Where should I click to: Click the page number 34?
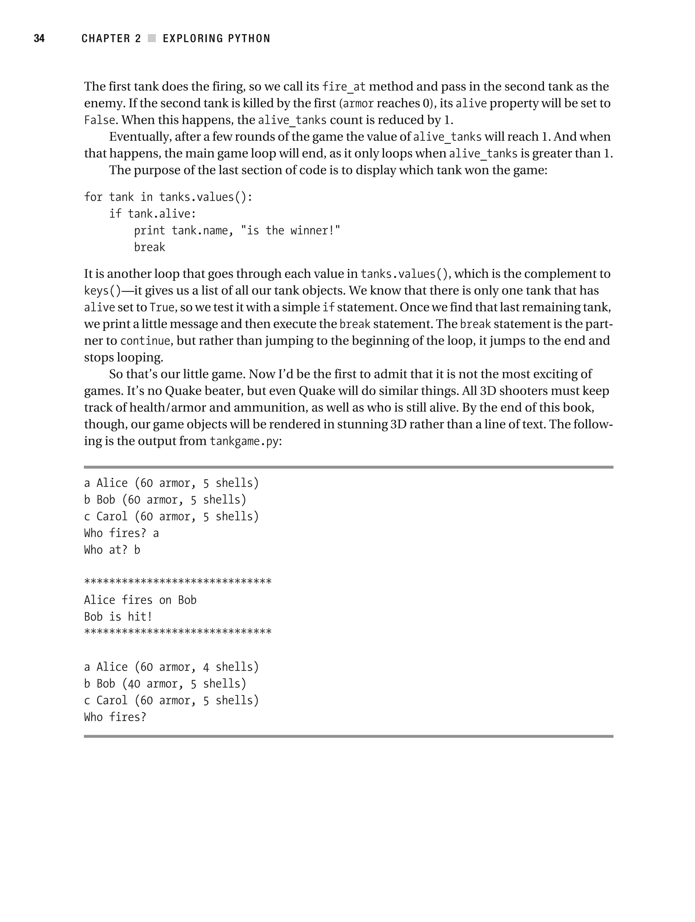point(39,38)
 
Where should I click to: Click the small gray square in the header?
point(152,38)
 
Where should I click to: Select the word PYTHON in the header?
point(249,38)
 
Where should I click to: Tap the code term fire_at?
point(344,87)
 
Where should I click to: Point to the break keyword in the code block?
point(149,247)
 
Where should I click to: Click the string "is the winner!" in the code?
point(290,230)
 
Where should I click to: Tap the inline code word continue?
point(145,341)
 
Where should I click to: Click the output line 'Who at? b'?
point(112,550)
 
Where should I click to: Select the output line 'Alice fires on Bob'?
point(140,600)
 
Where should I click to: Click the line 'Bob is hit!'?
point(118,617)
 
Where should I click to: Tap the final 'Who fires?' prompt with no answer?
point(115,717)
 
